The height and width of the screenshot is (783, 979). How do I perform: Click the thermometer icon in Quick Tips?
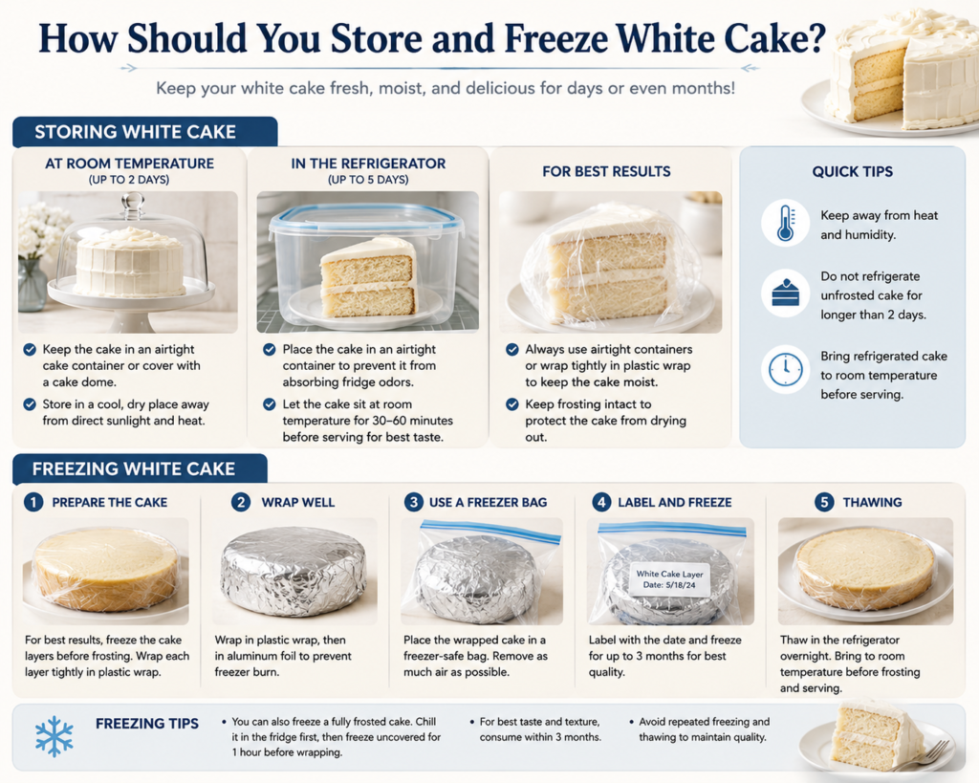coord(785,224)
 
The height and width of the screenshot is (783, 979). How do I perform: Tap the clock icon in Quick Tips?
coord(785,369)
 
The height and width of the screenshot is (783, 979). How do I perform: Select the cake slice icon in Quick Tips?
coord(785,293)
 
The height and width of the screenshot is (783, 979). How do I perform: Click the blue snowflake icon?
coord(54,736)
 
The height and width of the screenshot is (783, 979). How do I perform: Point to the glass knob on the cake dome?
coord(132,205)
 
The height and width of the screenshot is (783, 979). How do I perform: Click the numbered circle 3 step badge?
coord(413,502)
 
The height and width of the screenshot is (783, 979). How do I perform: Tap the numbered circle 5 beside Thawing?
coord(824,502)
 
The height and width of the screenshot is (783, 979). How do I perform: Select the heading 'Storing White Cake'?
coord(136,132)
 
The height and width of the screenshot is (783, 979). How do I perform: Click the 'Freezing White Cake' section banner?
coord(140,468)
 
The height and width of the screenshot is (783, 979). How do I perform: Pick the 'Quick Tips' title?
coord(852,172)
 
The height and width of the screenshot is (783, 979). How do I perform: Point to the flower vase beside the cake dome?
coord(33,285)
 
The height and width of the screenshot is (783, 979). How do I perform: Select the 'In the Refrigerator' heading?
coord(368,163)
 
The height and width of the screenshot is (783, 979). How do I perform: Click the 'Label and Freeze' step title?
coord(674,503)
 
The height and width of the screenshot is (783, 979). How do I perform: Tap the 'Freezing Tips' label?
coord(146,724)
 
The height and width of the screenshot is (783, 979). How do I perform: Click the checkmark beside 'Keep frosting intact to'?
coord(512,404)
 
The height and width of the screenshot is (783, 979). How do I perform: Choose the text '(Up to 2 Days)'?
coord(129,180)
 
